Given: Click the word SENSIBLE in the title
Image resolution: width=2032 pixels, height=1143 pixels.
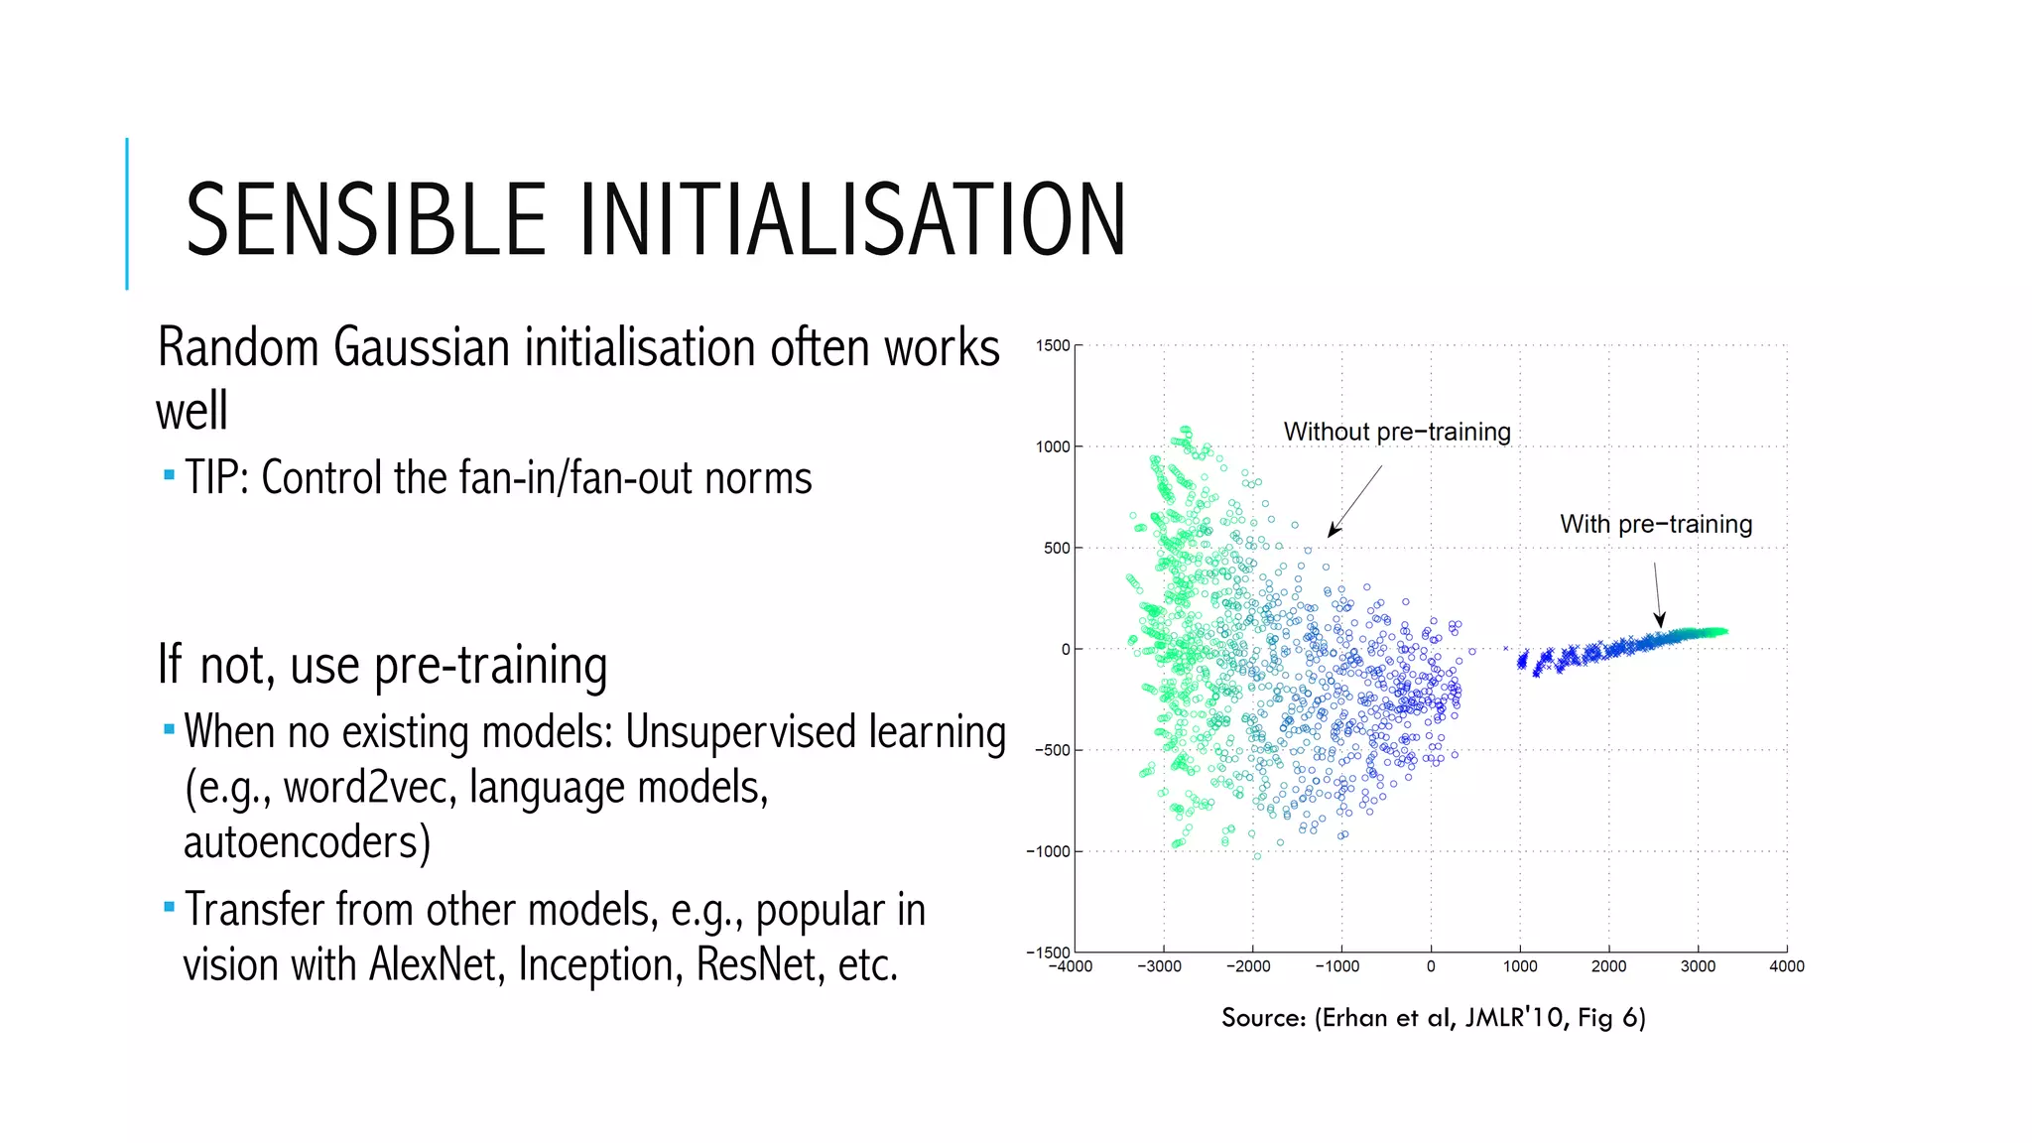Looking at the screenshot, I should tap(365, 219).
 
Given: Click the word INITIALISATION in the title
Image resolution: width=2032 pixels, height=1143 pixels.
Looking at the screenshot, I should tap(852, 219).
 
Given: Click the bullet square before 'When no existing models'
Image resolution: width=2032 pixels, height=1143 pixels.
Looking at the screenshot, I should tap(169, 730).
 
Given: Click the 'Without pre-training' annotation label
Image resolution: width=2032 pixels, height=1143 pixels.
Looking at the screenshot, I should tap(1396, 432).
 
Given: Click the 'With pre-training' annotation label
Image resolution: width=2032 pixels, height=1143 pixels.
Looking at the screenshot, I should tap(1655, 524).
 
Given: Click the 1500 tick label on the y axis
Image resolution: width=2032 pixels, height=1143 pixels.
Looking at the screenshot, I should tap(1052, 345).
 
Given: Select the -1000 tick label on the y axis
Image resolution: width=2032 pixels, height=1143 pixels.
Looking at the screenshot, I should tap(1048, 851).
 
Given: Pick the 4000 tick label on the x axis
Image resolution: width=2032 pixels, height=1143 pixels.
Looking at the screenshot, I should tap(1786, 966).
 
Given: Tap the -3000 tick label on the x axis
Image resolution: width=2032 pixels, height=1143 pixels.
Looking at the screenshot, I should tap(1158, 966).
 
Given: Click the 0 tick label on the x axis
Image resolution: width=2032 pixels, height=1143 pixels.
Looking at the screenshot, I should tap(1430, 966).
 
